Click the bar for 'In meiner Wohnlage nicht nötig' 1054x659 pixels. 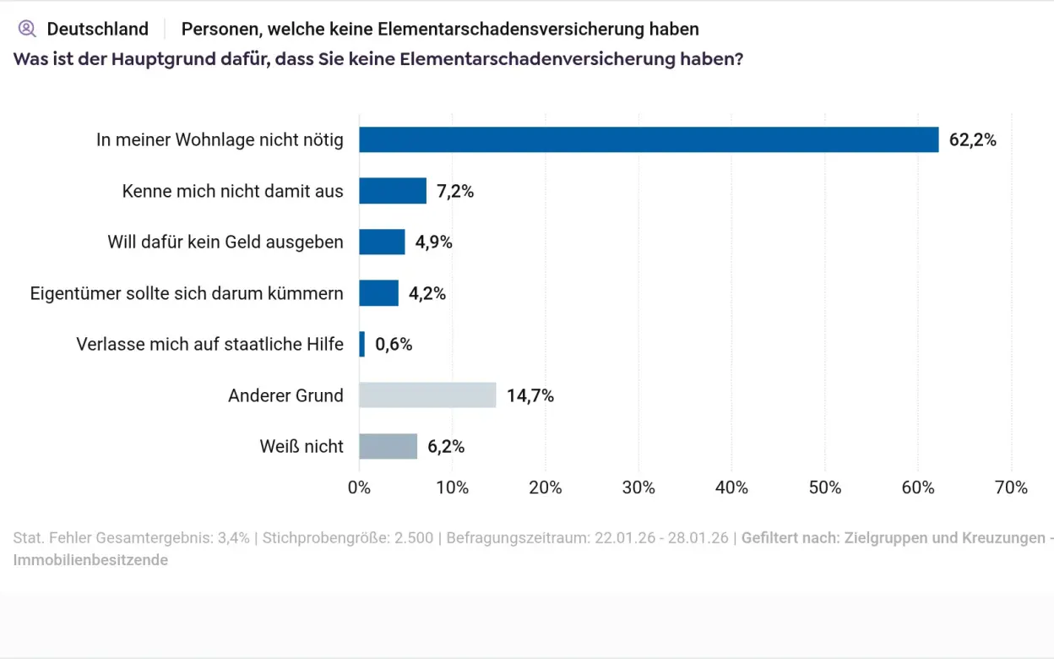pos(649,139)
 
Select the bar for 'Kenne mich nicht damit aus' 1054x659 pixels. pos(393,191)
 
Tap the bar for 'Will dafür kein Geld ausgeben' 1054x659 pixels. pos(382,242)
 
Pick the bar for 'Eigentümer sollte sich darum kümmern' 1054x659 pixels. pos(378,293)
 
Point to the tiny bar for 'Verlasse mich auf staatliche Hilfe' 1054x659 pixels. pos(362,344)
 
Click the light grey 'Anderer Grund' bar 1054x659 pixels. pos(427,395)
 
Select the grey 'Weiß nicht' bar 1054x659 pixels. pos(388,446)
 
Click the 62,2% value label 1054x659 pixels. pos(972,140)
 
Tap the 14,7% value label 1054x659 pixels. pos(530,395)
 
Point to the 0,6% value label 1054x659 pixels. pos(394,345)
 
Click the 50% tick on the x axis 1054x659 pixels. pos(824,487)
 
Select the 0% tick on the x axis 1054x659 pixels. pos(359,487)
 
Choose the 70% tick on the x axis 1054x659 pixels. pos(1011,487)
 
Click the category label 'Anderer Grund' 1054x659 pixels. pos(285,395)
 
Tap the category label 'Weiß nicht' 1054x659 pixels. pos(302,446)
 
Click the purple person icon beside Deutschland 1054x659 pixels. pos(27,29)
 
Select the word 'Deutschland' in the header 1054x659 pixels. pos(97,29)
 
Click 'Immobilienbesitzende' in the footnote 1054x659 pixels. pos(90,560)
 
